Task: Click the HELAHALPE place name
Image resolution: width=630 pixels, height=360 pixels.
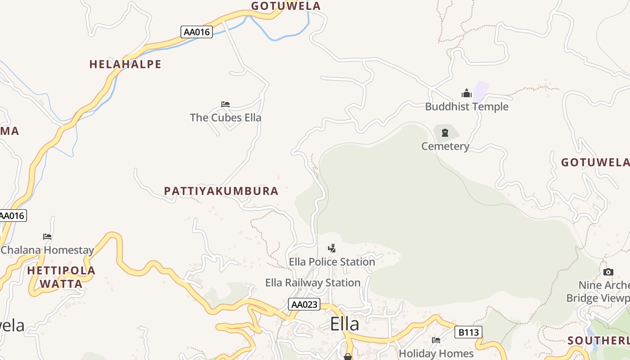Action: (125, 64)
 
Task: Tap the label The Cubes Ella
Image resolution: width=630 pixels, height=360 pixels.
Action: (225, 118)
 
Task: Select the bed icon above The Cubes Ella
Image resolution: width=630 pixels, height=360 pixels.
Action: (225, 104)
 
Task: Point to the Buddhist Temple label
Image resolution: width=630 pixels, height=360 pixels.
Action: (467, 107)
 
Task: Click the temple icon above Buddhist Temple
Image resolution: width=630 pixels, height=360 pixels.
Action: (467, 94)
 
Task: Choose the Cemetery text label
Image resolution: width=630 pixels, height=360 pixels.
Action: (445, 146)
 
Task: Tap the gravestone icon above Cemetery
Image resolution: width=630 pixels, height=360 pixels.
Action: (445, 133)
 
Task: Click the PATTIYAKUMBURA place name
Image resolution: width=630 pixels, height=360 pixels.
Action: (221, 191)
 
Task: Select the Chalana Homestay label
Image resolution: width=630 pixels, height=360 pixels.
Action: (47, 250)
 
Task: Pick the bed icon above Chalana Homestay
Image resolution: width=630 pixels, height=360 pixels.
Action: (47, 237)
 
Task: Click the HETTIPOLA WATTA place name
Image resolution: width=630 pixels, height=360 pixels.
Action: (61, 277)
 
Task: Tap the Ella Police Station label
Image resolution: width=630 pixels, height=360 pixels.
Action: (332, 262)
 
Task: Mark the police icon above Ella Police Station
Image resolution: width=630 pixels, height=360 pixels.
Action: (332, 248)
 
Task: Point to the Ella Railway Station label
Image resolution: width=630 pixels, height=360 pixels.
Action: (313, 283)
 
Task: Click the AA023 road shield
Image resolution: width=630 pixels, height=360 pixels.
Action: (304, 305)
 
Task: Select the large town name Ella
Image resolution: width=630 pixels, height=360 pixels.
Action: (345, 324)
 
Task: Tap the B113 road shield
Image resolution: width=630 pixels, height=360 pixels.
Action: (468, 333)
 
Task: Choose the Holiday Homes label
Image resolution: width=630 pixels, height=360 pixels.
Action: (436, 353)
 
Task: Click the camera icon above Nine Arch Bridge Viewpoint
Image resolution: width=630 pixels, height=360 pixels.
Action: (608, 272)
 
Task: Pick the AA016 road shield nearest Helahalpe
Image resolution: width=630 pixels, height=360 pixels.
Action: (197, 32)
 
